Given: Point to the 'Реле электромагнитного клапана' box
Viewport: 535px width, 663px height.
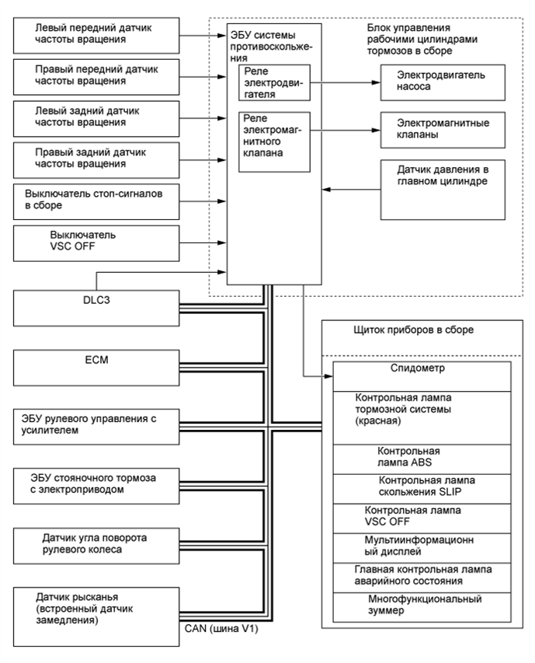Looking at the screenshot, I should (x=276, y=141).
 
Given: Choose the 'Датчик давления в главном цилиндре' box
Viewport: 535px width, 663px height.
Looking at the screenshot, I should (x=442, y=189).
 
